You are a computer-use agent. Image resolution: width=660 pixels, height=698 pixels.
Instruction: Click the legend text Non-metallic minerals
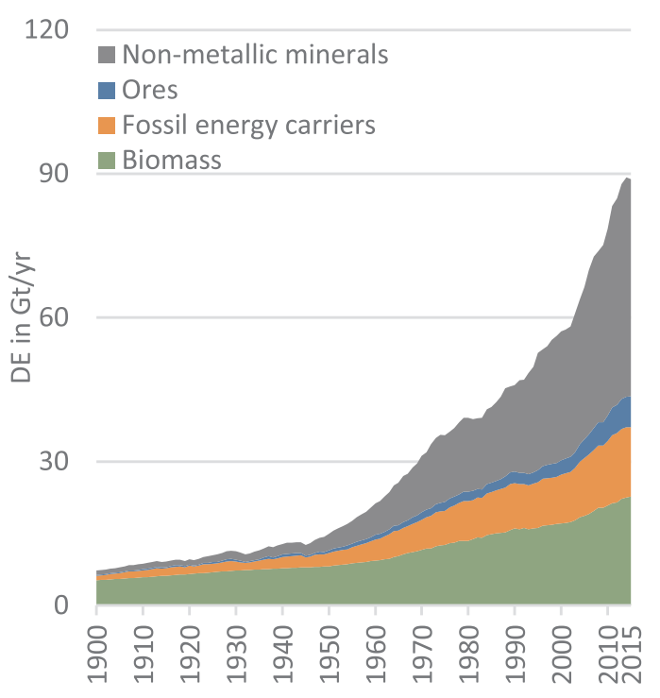[x=256, y=55]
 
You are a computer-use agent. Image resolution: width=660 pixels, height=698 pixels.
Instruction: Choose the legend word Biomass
[x=172, y=160]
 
